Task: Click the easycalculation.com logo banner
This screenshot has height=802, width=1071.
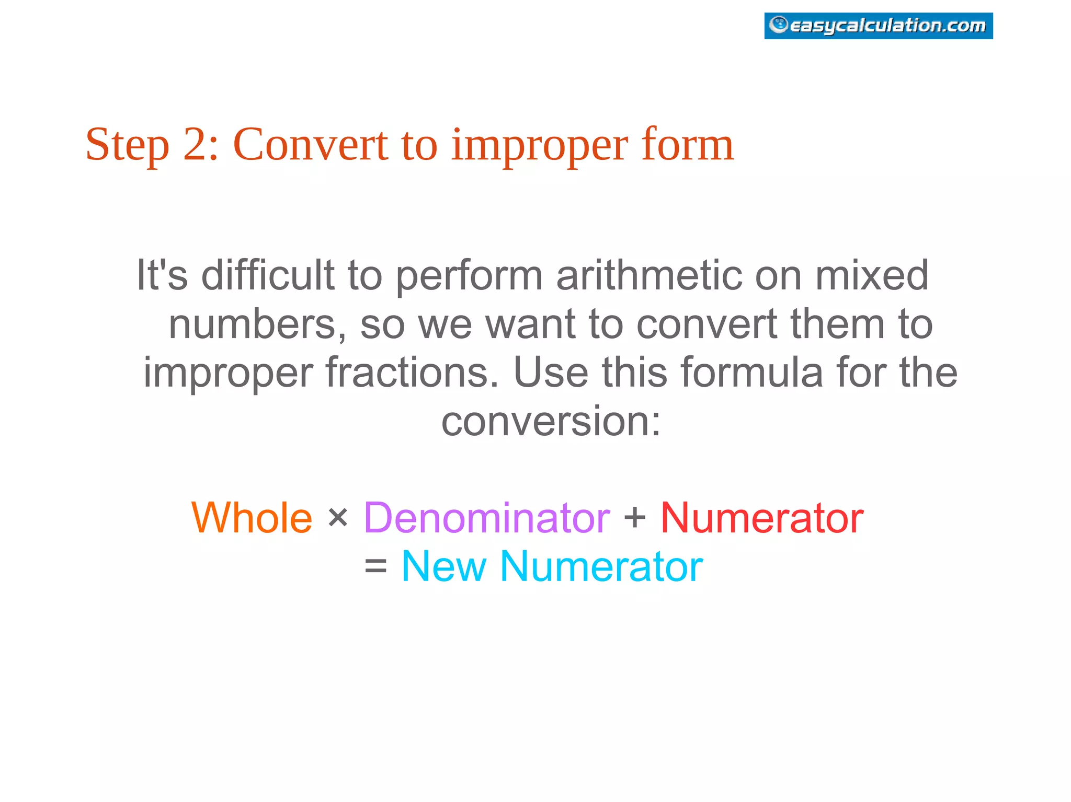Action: click(878, 26)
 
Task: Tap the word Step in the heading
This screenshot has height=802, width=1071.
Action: click(127, 145)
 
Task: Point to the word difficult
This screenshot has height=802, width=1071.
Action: click(267, 275)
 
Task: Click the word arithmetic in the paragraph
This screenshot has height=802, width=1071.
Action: click(648, 275)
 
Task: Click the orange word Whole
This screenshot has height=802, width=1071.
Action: click(252, 518)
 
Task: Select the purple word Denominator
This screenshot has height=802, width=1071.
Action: click(487, 518)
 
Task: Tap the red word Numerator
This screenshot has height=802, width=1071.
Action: click(761, 518)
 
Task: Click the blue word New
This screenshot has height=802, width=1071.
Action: click(443, 566)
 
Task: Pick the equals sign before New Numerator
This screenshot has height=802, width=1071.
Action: click(375, 567)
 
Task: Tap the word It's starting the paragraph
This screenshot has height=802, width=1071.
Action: click(162, 275)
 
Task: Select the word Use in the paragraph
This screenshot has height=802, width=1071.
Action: click(551, 373)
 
